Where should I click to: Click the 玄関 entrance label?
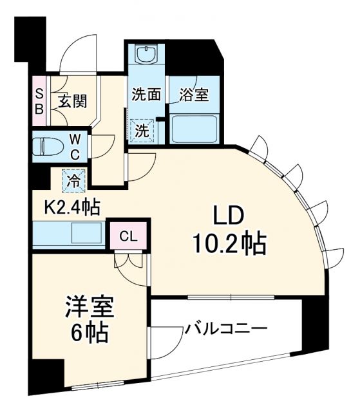pos(72,102)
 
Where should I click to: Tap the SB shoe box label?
pos(39,101)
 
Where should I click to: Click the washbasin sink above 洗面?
pos(146,54)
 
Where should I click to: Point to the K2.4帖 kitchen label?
pos(71,207)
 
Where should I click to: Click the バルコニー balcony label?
pos(226,330)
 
